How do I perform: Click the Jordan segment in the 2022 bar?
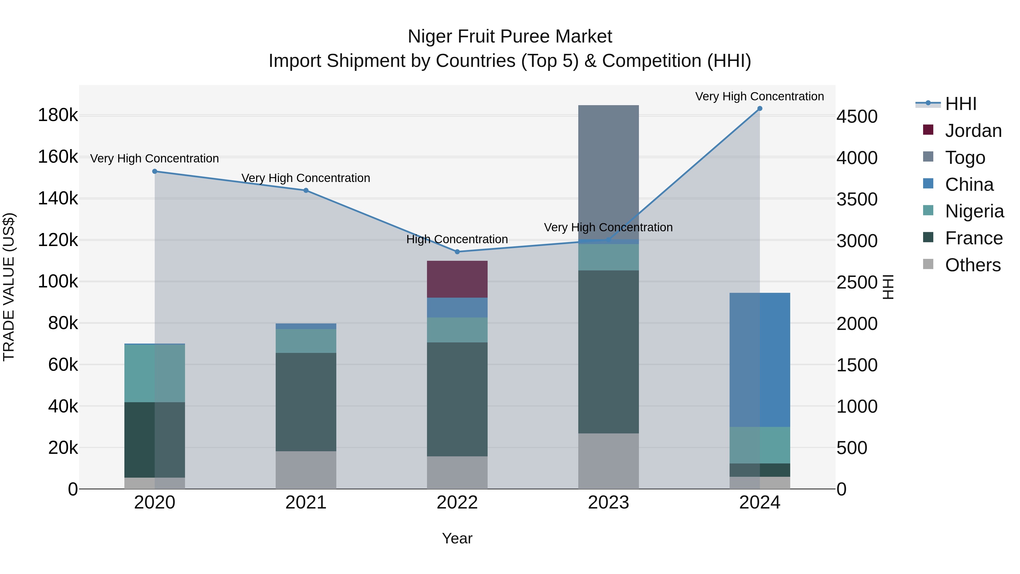pyautogui.click(x=457, y=279)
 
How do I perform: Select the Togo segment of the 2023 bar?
pyautogui.click(x=608, y=172)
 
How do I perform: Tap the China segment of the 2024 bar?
pyautogui.click(x=759, y=360)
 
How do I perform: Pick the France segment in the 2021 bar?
pyautogui.click(x=306, y=402)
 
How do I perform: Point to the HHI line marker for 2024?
pyautogui.click(x=759, y=109)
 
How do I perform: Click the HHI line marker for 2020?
pyautogui.click(x=155, y=171)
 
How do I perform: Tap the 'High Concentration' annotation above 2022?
pyautogui.click(x=457, y=239)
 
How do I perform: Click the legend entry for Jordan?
pyautogui.click(x=973, y=131)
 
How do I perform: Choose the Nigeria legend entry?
pyautogui.click(x=974, y=211)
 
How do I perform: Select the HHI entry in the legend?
pyautogui.click(x=960, y=104)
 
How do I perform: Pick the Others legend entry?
pyautogui.click(x=972, y=265)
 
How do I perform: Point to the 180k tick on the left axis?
pyautogui.click(x=58, y=115)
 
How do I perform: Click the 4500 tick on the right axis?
pyautogui.click(x=857, y=117)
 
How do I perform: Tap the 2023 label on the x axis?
pyautogui.click(x=608, y=503)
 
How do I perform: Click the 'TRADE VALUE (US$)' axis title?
pyautogui.click(x=9, y=287)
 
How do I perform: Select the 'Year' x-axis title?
pyautogui.click(x=457, y=538)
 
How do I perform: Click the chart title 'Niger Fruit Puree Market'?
pyautogui.click(x=510, y=37)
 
